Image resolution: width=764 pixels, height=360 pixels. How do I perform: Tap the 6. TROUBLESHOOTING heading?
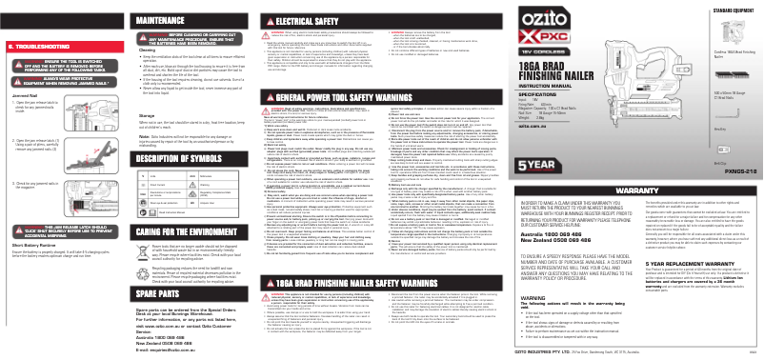point(38,45)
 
